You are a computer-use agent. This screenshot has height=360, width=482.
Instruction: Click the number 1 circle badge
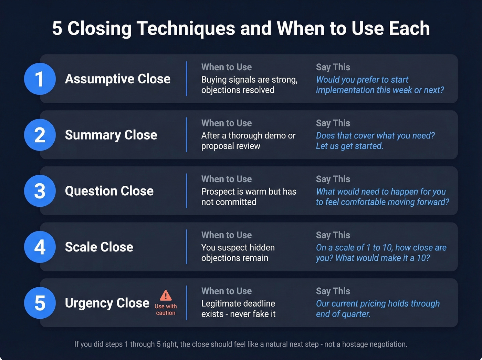point(40,79)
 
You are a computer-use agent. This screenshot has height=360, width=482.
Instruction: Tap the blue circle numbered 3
point(40,191)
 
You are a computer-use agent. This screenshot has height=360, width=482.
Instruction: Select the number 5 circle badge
point(40,303)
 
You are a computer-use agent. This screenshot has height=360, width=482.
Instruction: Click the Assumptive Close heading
point(118,79)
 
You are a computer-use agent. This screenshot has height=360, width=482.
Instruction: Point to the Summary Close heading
point(111,135)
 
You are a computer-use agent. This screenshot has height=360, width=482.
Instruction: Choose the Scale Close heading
point(99,247)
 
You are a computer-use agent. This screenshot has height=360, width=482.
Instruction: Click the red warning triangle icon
point(166,295)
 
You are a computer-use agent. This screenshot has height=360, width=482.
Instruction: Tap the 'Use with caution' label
point(166,309)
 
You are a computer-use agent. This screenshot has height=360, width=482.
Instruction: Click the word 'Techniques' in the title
point(186,28)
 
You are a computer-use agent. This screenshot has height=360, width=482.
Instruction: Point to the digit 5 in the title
point(57,28)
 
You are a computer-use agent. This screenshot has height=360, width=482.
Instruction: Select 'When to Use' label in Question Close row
point(226,179)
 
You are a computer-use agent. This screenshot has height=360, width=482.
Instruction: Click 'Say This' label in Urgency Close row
point(333,291)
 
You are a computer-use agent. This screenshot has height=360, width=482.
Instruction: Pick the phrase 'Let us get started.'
point(349,146)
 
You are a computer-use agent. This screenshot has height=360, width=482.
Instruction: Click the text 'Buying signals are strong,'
point(249,80)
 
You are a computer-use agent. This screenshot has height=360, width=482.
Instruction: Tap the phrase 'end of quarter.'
point(343,314)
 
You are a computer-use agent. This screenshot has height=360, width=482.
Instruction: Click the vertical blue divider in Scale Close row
point(187,247)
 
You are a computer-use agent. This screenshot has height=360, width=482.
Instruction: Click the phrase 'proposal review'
point(231,146)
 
